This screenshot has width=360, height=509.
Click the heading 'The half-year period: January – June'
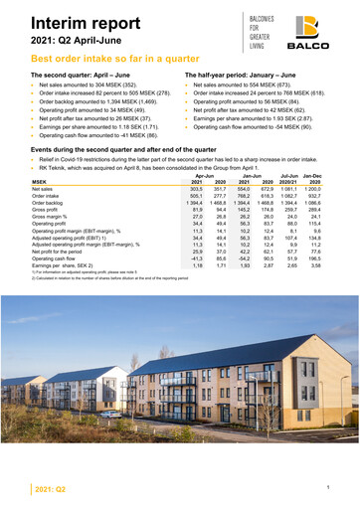tap(244, 75)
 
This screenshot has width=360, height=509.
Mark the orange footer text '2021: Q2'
tap(51, 490)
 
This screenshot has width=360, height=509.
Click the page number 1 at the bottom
tap(340, 486)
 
